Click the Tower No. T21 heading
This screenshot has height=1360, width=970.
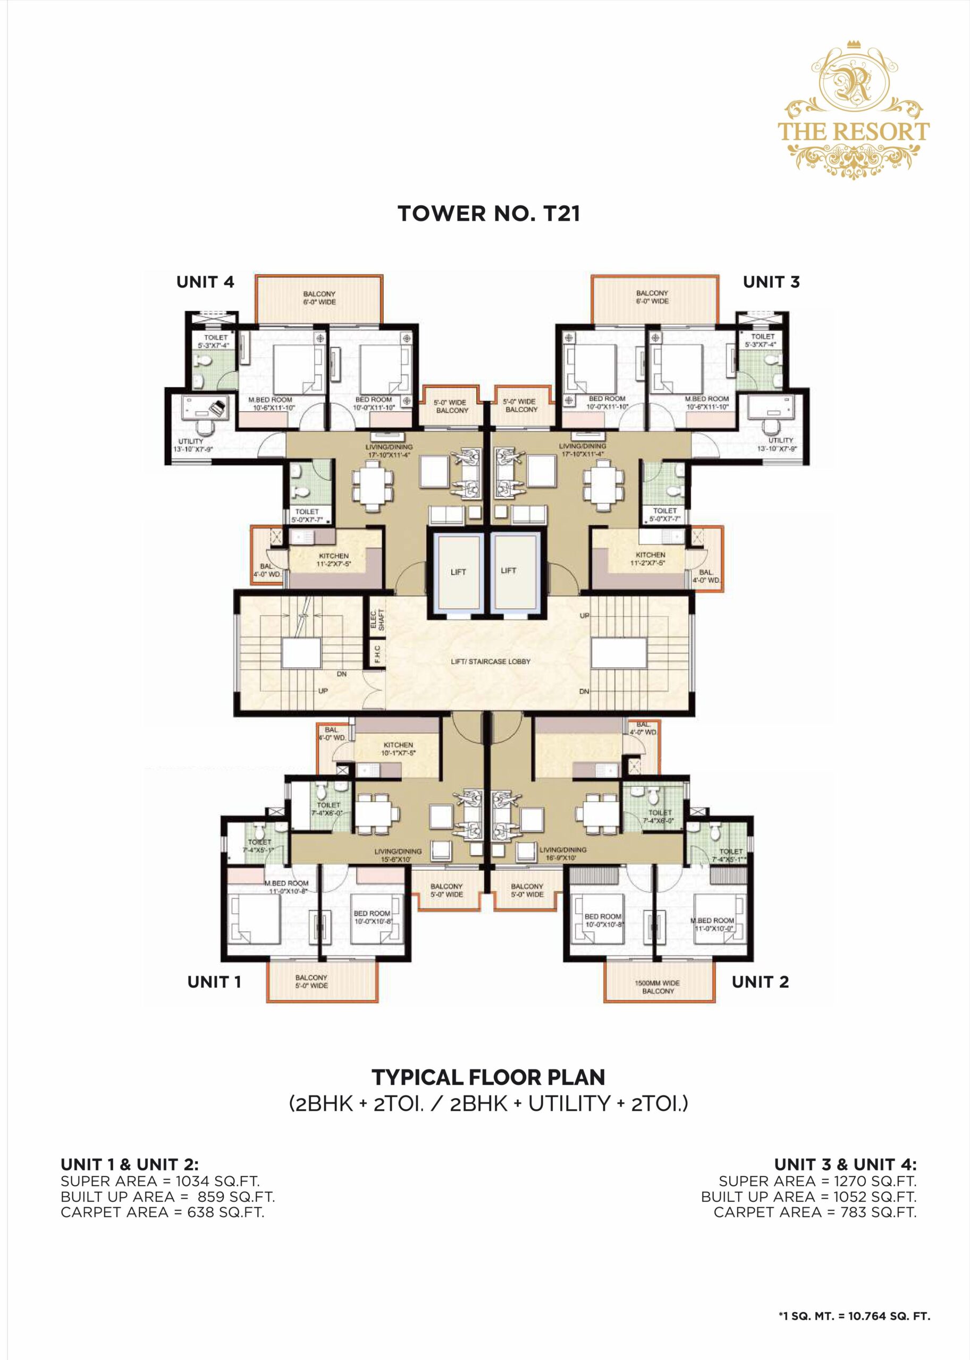pos(488,214)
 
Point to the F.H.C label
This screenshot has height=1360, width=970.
pos(377,654)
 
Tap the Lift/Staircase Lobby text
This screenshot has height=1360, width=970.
pos(491,661)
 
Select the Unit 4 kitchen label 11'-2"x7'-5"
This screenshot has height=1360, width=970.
pos(333,559)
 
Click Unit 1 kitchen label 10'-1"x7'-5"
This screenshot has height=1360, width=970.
pos(399,749)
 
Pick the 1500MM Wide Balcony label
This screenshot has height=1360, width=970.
pos(657,987)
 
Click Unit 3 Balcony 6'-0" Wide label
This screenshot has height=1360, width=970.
pos(652,297)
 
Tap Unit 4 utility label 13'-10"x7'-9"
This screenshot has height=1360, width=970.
pos(191,445)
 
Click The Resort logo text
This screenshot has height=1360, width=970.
pos(853,131)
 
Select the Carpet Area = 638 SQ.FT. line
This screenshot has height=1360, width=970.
pos(162,1212)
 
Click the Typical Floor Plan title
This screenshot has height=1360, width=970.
pos(488,1077)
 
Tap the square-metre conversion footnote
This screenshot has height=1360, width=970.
pos(854,1316)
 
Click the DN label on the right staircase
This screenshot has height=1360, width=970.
pos(584,691)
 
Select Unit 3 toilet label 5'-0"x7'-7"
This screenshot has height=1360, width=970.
pos(664,515)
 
